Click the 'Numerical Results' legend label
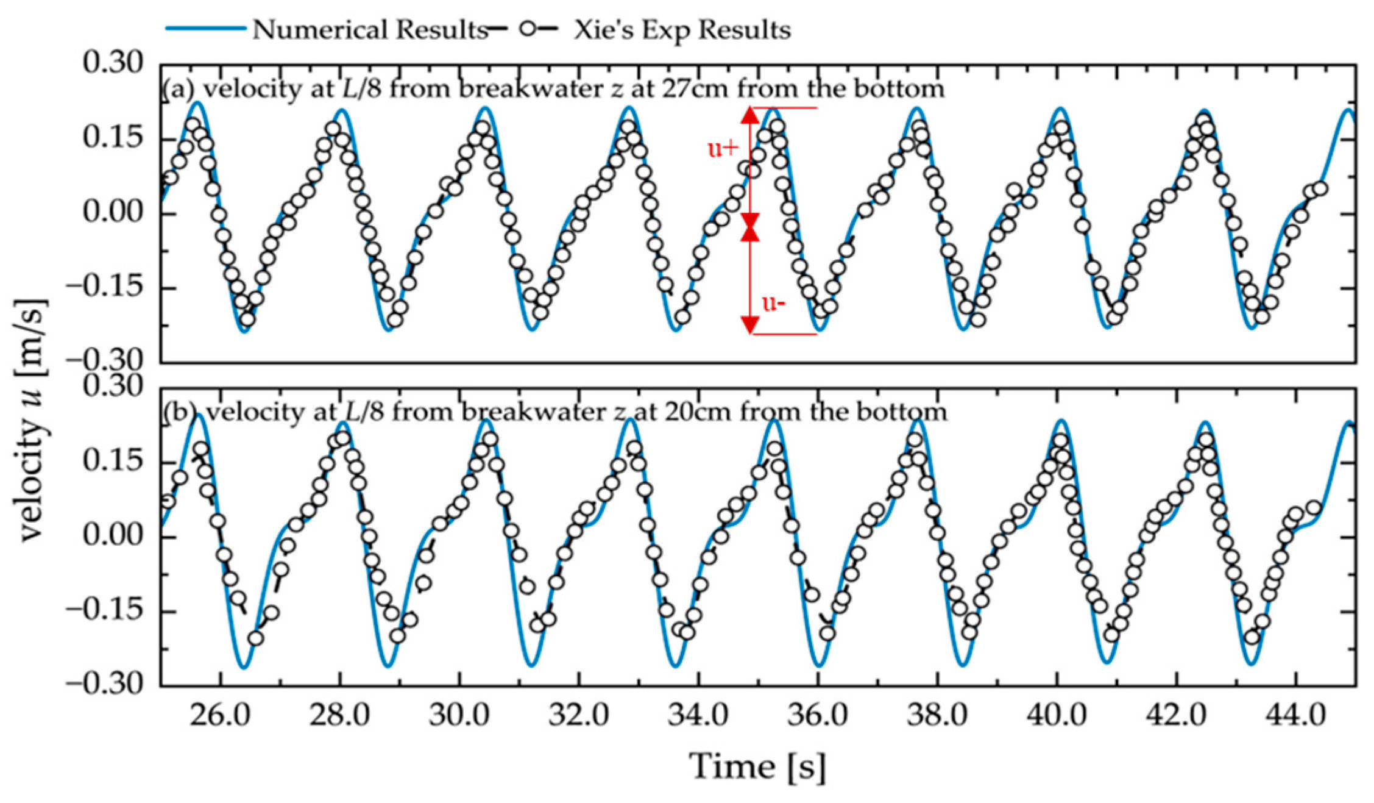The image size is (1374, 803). pyautogui.click(x=369, y=30)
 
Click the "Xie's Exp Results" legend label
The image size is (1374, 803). pyautogui.click(x=682, y=30)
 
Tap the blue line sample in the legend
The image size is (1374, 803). pyautogui.click(x=205, y=29)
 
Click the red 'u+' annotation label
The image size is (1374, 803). pyautogui.click(x=723, y=148)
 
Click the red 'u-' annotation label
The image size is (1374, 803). pyautogui.click(x=773, y=303)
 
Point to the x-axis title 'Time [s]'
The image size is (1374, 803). pyautogui.click(x=758, y=766)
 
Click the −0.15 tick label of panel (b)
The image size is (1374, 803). pyautogui.click(x=105, y=610)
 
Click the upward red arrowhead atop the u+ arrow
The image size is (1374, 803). pyautogui.click(x=750, y=115)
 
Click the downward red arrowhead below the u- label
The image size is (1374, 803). pyautogui.click(x=750, y=324)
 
